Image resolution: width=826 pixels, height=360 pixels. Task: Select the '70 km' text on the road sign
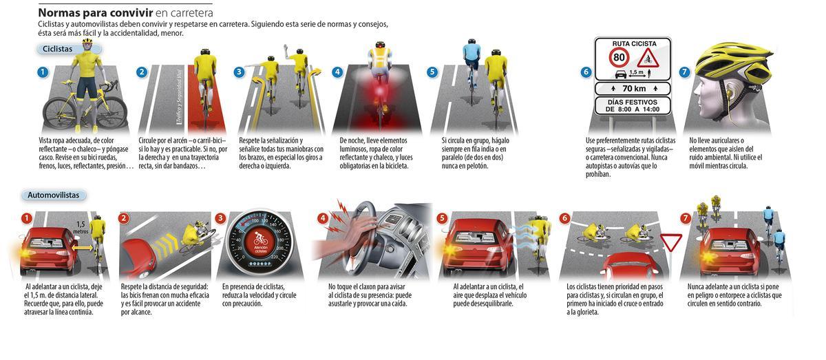[x=633, y=88]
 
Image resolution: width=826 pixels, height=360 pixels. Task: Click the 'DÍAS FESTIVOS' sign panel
[x=633, y=105]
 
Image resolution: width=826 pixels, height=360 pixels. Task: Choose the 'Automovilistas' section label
[x=53, y=195]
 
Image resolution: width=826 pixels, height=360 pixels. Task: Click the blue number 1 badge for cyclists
[x=43, y=72]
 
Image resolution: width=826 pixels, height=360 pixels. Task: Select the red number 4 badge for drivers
[x=322, y=218]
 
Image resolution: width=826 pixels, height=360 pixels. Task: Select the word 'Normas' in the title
[x=60, y=12]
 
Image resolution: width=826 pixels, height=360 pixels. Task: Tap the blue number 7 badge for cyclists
[x=684, y=72]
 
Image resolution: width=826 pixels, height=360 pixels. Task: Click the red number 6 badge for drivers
[x=564, y=218]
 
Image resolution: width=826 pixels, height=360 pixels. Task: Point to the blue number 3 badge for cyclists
[x=239, y=72]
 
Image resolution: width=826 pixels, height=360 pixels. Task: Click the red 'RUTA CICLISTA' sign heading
[x=633, y=43]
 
